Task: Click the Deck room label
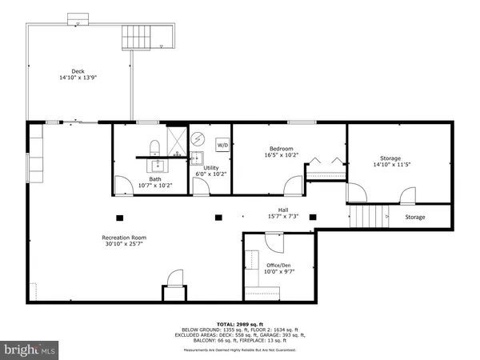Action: (73, 70)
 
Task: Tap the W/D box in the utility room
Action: (222, 146)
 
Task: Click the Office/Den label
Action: (279, 263)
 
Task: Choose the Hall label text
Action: (283, 209)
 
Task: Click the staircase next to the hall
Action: (369, 216)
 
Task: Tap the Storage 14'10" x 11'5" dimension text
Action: (391, 166)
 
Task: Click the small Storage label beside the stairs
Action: (415, 217)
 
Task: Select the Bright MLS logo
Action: (30, 350)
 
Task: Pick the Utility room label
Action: (211, 168)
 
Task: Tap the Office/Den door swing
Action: (274, 241)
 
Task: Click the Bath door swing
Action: (123, 186)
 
